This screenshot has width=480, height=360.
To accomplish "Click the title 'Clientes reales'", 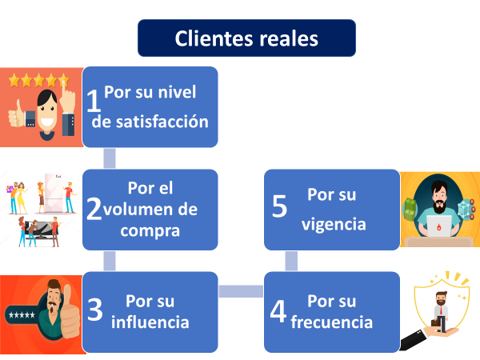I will [246, 38].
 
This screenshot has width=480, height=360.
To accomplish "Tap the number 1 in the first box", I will [94, 101].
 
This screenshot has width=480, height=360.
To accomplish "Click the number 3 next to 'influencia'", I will [95, 311].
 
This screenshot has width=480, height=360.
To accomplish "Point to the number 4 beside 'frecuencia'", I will [278, 311].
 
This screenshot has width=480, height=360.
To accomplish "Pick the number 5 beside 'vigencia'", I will [279, 206].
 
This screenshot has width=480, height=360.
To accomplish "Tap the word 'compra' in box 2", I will [150, 230].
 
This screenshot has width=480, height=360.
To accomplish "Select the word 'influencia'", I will [150, 322].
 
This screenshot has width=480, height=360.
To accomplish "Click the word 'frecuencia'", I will [332, 322].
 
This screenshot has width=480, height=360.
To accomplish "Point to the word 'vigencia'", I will [334, 224].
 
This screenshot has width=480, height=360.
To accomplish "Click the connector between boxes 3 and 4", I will [241, 291].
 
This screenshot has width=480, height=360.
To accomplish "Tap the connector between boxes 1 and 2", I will [110, 158].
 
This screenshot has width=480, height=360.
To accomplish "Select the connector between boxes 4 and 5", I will [291, 261].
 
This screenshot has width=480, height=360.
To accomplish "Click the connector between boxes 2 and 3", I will [110, 261].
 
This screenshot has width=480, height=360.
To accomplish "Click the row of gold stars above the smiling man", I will [38, 80].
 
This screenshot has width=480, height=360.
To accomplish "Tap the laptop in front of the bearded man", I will [440, 226].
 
